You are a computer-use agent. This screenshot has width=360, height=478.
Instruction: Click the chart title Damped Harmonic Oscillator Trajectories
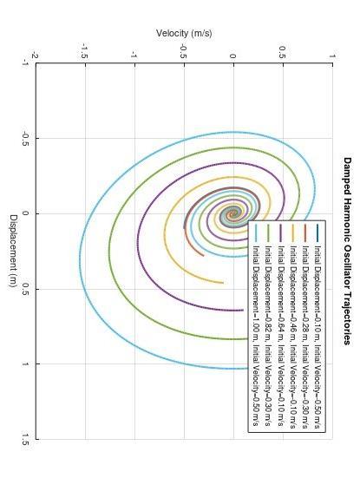[x=346, y=251]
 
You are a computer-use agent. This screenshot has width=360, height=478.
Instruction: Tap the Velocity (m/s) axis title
[x=184, y=33]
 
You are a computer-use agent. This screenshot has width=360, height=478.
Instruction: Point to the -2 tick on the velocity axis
[x=36, y=55]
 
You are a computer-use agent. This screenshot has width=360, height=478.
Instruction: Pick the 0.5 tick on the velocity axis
[x=283, y=52]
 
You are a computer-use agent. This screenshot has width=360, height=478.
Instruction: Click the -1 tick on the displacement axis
[x=26, y=63]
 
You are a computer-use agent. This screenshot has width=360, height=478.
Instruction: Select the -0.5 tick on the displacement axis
[x=26, y=139]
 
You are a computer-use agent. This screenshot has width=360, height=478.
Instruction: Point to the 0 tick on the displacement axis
[x=26, y=213]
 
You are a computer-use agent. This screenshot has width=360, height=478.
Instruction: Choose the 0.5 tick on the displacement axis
[x=26, y=289]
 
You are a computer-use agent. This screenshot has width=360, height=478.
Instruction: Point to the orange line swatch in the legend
[x=305, y=233]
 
